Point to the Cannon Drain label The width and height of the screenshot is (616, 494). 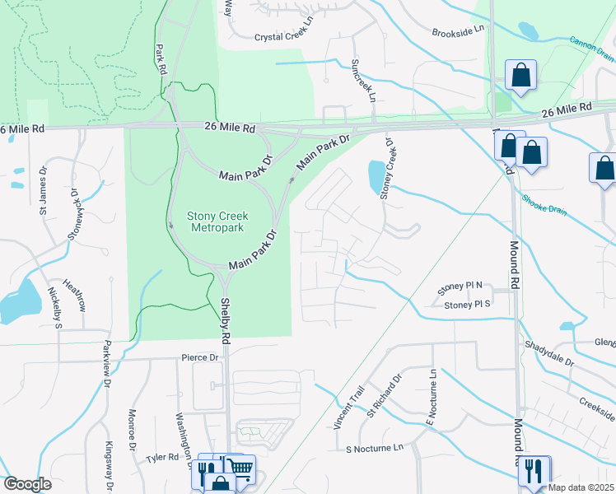pyautogui.click(x=592, y=49)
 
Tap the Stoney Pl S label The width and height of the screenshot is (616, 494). pyautogui.click(x=467, y=305)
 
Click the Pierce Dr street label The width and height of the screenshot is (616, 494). pyautogui.click(x=200, y=358)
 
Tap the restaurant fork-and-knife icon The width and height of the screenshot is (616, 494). pyautogui.click(x=534, y=471)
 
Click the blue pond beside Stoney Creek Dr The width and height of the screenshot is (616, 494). pyautogui.click(x=376, y=174)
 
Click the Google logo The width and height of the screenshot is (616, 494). pyautogui.click(x=27, y=484)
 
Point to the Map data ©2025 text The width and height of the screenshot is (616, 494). pyautogui.click(x=581, y=487)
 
